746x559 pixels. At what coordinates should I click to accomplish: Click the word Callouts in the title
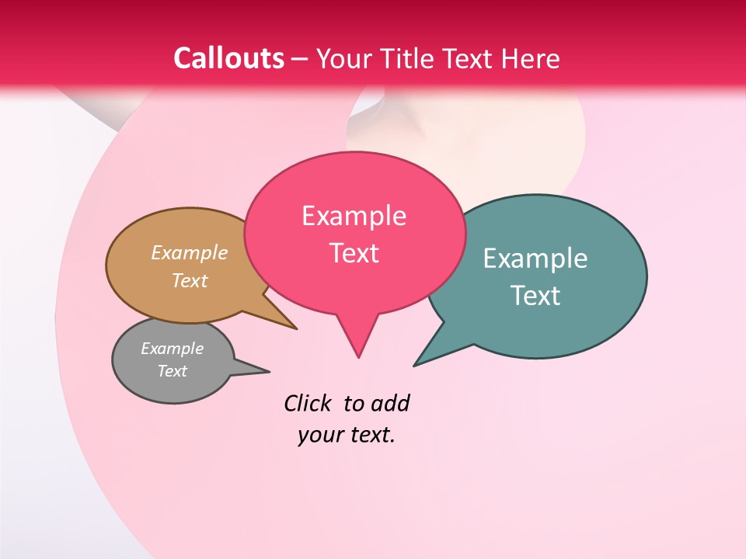(x=228, y=58)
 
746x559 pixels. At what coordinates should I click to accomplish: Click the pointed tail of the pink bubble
(x=357, y=345)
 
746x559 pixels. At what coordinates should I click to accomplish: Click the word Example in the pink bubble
(x=354, y=216)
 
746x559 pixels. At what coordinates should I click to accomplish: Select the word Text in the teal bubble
(x=536, y=296)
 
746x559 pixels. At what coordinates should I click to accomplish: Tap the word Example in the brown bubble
(x=190, y=253)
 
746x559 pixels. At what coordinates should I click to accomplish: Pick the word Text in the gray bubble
(x=173, y=371)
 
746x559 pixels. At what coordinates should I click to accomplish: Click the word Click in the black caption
(x=308, y=403)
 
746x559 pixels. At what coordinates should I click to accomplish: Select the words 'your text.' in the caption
(x=347, y=435)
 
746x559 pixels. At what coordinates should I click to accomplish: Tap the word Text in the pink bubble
(x=354, y=253)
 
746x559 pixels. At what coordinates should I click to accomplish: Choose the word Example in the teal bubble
(x=535, y=259)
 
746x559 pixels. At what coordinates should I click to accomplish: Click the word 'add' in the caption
(x=390, y=403)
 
